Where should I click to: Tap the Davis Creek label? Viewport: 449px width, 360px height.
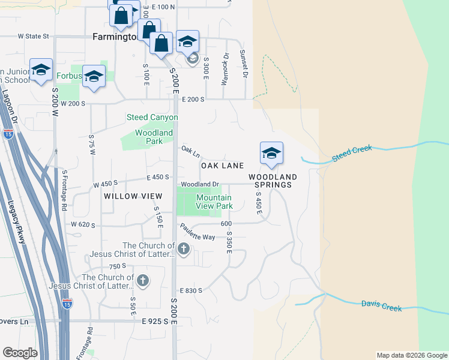point(381,305)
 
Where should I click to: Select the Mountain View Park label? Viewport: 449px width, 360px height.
point(214,202)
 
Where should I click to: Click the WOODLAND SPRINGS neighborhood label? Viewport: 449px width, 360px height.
point(273,181)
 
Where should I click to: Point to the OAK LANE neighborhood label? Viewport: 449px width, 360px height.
point(222,165)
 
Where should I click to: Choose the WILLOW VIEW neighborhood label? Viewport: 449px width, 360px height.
point(133,196)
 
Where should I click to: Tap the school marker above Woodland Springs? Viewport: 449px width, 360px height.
point(271,154)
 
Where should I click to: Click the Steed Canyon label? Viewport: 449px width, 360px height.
point(152,117)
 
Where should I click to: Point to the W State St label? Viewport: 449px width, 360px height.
point(33,36)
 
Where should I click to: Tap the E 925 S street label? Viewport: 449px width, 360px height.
point(157,322)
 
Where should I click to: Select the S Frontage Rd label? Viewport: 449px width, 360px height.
point(64,190)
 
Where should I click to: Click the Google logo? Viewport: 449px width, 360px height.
point(20,353)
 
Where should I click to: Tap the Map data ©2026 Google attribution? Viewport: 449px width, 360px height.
point(411,355)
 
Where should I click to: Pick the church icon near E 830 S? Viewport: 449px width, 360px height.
point(143,280)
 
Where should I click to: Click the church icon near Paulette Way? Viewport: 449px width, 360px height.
point(184,248)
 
